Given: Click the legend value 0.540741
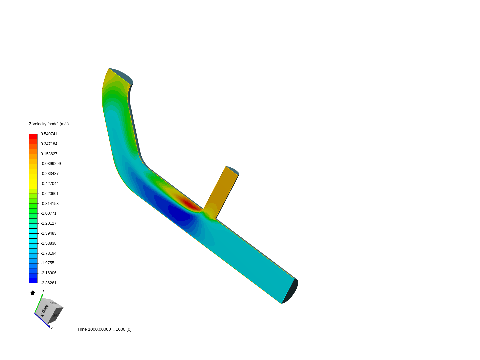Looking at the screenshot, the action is click(x=49, y=134).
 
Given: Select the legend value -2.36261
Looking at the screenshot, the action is click(x=48, y=283).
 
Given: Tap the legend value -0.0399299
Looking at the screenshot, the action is click(x=51, y=164).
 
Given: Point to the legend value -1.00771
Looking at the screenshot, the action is click(x=48, y=213).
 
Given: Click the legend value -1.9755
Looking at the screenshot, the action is click(x=47, y=263).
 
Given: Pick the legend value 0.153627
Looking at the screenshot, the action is click(x=49, y=154).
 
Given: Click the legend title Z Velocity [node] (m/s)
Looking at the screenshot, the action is click(x=49, y=124).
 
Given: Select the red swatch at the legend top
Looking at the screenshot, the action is click(x=33, y=137).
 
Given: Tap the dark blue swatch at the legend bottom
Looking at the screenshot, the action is click(x=33, y=281).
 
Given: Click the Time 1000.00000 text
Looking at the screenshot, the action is click(x=94, y=329).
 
